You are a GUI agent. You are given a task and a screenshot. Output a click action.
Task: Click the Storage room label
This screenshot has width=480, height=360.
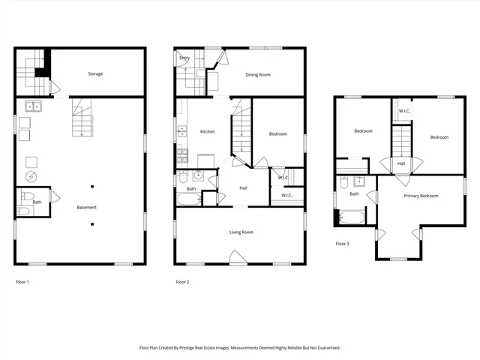[x=95, y=73]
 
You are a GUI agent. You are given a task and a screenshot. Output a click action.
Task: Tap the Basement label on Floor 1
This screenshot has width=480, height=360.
[x=85, y=207]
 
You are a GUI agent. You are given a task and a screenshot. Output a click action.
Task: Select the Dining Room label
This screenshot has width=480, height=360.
[x=258, y=74]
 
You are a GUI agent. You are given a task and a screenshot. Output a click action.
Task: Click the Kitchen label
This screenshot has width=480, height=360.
[x=207, y=131]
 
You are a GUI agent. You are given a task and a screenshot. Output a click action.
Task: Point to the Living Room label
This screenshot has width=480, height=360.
[x=241, y=232]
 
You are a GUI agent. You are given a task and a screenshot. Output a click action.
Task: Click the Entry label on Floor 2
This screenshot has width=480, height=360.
[x=184, y=58]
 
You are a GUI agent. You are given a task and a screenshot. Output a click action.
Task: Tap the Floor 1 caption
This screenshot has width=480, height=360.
[x=23, y=282]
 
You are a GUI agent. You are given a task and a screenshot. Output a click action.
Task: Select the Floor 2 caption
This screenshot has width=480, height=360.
[x=182, y=282]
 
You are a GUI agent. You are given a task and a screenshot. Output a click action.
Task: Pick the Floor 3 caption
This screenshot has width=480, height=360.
[x=342, y=244]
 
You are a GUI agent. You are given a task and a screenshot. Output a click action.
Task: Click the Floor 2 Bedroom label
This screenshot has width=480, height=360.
[x=277, y=133]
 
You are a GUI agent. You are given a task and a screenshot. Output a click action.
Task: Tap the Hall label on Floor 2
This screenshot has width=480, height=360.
[x=244, y=188]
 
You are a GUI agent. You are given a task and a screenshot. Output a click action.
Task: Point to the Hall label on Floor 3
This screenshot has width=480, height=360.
[x=401, y=163]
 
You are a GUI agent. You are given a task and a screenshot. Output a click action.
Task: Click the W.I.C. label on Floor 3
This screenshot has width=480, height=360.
[x=403, y=111]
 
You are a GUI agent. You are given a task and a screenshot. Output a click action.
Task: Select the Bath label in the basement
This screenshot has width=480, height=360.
[x=37, y=202]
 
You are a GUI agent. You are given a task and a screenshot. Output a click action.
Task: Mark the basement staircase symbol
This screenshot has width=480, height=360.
[x=82, y=120]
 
